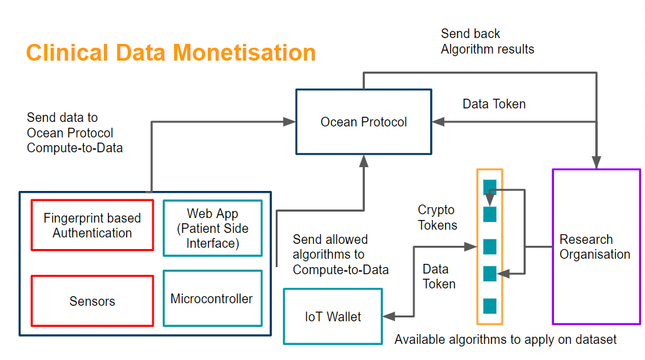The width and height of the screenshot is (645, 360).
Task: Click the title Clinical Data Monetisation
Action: click(170, 52)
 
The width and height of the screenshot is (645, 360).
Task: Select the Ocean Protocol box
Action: click(363, 122)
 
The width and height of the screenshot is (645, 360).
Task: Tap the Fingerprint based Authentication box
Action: click(92, 225)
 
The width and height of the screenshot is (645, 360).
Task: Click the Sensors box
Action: click(92, 301)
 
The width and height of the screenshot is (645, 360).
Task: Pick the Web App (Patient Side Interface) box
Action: click(212, 228)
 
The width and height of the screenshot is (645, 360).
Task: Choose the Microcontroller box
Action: click(212, 298)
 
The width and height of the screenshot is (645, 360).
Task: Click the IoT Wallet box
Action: click(333, 317)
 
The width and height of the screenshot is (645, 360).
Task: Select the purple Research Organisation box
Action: click(596, 246)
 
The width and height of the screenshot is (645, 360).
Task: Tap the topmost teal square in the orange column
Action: click(490, 187)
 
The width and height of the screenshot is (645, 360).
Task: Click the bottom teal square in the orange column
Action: click(490, 306)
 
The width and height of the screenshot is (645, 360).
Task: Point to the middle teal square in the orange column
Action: click(490, 246)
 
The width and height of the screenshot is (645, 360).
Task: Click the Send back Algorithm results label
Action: click(487, 41)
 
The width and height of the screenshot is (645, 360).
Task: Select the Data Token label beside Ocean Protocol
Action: click(494, 104)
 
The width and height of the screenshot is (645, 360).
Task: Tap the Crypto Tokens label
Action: click(437, 217)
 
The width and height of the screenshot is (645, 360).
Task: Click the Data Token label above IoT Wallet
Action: click(439, 276)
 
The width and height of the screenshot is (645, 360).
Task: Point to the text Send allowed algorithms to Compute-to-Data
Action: click(340, 255)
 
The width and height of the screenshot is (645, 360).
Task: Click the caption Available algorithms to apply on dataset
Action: click(506, 339)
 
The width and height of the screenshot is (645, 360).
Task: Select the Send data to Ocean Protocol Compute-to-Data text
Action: click(74, 132)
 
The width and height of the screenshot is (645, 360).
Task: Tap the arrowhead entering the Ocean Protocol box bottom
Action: click(363, 161)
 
